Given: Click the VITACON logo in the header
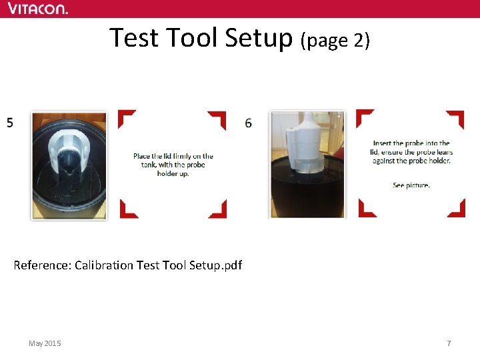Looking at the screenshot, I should (x=37, y=9).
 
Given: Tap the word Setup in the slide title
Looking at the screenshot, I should (x=259, y=38).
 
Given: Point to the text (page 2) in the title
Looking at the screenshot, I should (x=335, y=40).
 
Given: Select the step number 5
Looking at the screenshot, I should (x=10, y=123).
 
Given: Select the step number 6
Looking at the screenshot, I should (x=249, y=123).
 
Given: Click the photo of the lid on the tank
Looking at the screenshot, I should (x=69, y=165).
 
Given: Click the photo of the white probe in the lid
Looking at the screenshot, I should (x=307, y=164).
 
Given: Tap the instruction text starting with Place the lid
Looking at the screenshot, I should (x=173, y=165).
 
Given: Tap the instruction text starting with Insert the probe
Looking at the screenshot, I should (x=411, y=151).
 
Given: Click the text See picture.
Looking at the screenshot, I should (x=411, y=185).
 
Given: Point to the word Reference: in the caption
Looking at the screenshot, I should (x=42, y=265).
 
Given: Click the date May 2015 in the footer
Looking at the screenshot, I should (x=45, y=343).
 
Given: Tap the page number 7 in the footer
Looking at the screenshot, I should (x=449, y=343).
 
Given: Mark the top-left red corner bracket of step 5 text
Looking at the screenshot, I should (x=125, y=117).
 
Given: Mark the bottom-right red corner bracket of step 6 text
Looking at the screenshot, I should (x=457, y=210).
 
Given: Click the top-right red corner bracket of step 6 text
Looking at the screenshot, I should (x=457, y=117).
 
